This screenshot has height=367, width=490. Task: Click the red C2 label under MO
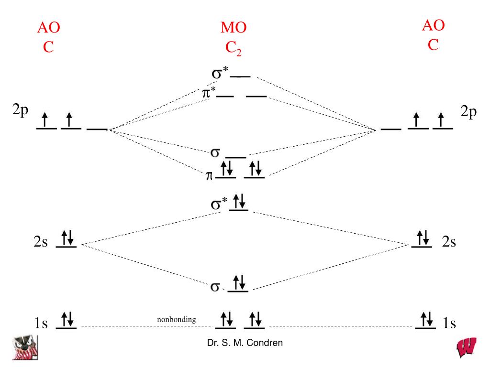(234, 48)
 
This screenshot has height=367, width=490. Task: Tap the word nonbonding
(177, 320)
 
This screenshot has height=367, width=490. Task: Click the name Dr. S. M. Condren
(245, 343)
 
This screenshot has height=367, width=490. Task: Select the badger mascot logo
(25, 347)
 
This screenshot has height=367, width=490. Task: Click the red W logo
(466, 347)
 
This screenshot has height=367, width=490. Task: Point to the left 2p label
(20, 110)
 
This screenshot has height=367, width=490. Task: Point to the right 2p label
(468, 112)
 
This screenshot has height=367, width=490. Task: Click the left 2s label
(41, 241)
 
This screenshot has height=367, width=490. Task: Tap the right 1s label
(449, 323)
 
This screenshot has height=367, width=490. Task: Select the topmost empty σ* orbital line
(240, 76)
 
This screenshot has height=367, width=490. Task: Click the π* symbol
(209, 93)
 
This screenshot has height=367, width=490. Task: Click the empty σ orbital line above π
(235, 157)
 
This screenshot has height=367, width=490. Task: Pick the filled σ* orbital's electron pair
(239, 201)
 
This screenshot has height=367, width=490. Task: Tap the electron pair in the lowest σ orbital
(239, 282)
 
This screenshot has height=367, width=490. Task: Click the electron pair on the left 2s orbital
(67, 237)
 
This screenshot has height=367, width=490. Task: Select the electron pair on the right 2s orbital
(423, 237)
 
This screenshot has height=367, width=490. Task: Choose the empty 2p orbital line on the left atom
(97, 129)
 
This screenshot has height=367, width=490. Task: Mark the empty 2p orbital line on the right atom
(391, 129)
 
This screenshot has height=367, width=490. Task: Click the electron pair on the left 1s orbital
(67, 319)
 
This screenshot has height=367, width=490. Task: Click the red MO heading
(234, 27)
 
